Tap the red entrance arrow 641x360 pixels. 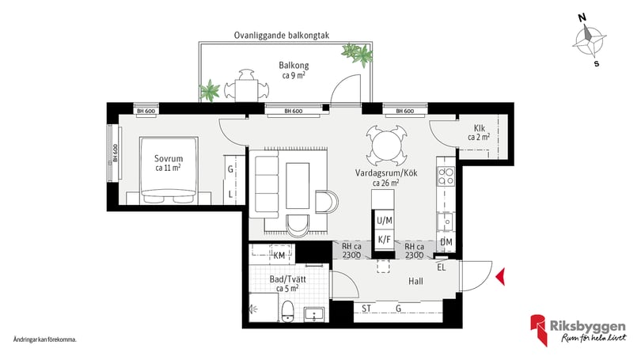(499, 276)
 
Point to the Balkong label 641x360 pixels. (294, 70)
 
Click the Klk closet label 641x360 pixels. (480, 131)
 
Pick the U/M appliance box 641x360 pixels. (384, 220)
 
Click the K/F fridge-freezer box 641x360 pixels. (384, 239)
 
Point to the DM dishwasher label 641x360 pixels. (446, 242)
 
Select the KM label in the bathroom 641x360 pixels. (279, 256)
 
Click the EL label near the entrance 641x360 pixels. (442, 267)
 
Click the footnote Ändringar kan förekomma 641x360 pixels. (44, 339)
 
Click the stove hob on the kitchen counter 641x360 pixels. (446, 176)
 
